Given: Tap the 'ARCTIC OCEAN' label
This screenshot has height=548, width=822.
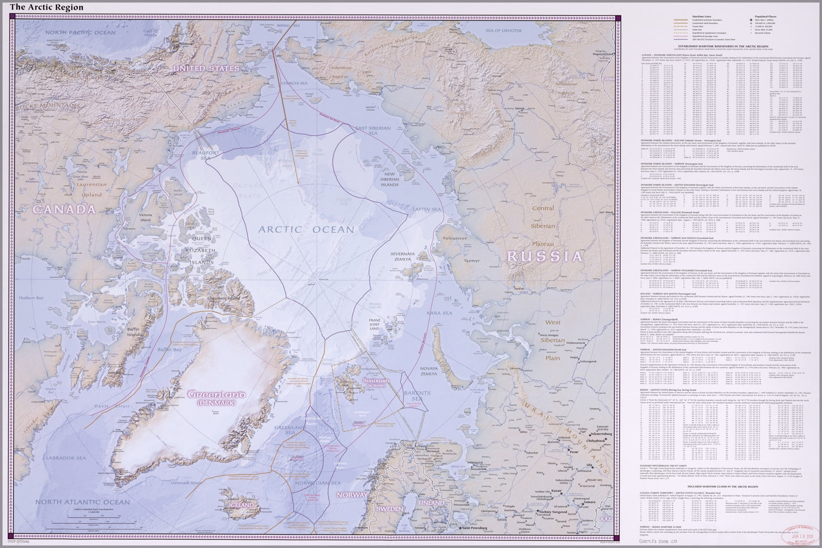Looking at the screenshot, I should pos(306,230).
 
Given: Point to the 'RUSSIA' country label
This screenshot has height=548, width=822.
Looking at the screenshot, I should pos(545,257).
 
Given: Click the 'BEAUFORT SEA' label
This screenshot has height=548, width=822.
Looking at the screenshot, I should pos(204,155).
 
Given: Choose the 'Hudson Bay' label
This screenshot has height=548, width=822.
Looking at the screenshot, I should pos(31,298).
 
